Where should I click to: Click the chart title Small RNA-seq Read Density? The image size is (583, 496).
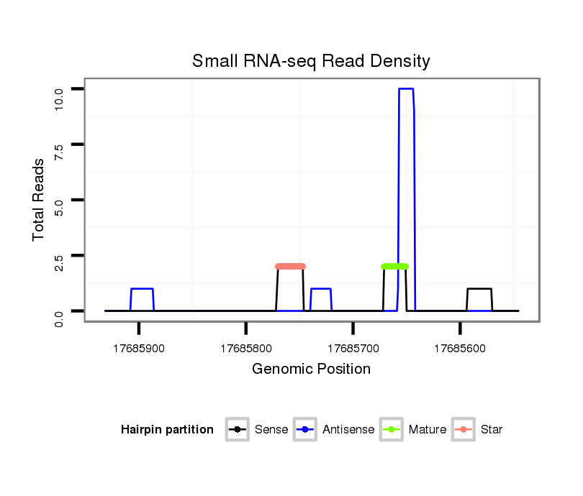tap(311, 61)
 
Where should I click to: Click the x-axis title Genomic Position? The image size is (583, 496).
tap(311, 369)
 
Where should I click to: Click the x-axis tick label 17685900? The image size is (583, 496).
tap(139, 348)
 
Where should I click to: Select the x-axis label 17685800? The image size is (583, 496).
tap(246, 348)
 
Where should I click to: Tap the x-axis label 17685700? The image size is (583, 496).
tap(353, 348)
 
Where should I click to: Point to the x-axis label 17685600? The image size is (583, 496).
tap(460, 348)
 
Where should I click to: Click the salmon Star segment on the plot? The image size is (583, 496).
tap(291, 266)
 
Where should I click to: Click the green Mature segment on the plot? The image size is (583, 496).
tap(394, 266)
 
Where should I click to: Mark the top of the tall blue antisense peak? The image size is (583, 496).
tap(406, 89)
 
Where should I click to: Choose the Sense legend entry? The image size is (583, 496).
tap(259, 430)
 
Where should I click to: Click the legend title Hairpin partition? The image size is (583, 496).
tap(167, 430)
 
